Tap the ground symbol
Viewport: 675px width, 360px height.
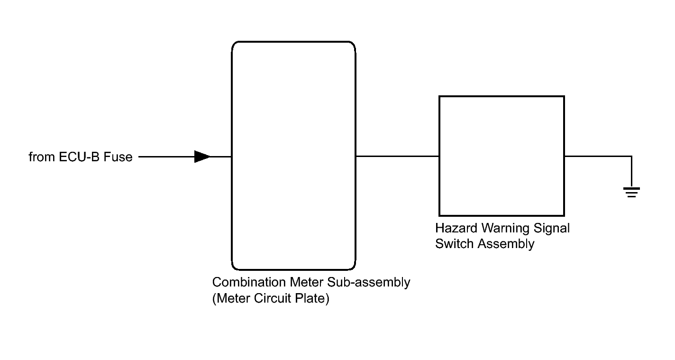click(x=631, y=193)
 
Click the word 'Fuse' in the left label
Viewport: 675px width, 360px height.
click(x=118, y=157)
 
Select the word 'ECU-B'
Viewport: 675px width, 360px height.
click(x=79, y=157)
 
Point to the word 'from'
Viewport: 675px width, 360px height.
click(x=42, y=157)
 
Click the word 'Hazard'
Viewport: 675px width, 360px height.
click(x=456, y=228)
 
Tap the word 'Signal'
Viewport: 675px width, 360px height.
click(x=551, y=229)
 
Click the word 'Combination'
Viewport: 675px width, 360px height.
click(x=249, y=283)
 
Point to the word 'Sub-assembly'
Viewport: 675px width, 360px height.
click(x=369, y=283)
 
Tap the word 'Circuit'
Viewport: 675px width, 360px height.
click(x=272, y=298)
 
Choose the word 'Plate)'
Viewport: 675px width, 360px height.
click(x=312, y=299)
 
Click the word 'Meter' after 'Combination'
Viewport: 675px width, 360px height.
click(x=307, y=283)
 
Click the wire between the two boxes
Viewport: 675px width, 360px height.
click(x=398, y=156)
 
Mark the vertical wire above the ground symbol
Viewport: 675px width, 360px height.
click(x=631, y=172)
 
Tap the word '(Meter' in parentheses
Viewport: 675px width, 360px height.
click(x=231, y=299)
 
